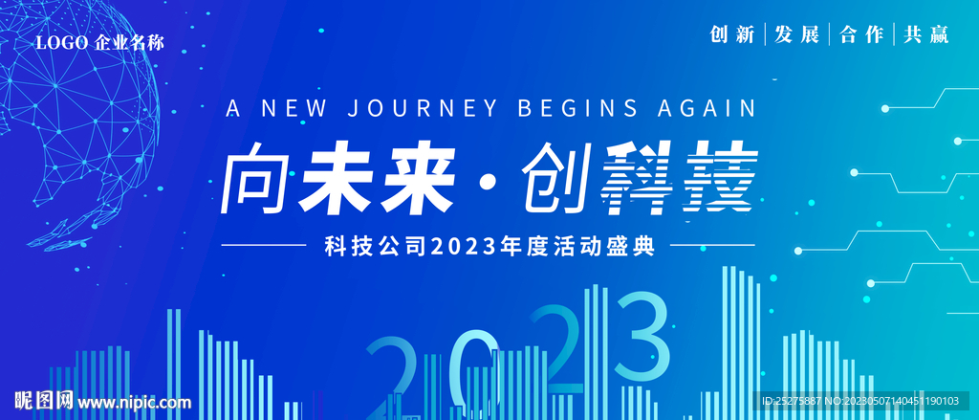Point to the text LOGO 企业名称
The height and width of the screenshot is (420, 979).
[x=100, y=42]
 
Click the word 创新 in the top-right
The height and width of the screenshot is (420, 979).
[x=733, y=34]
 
